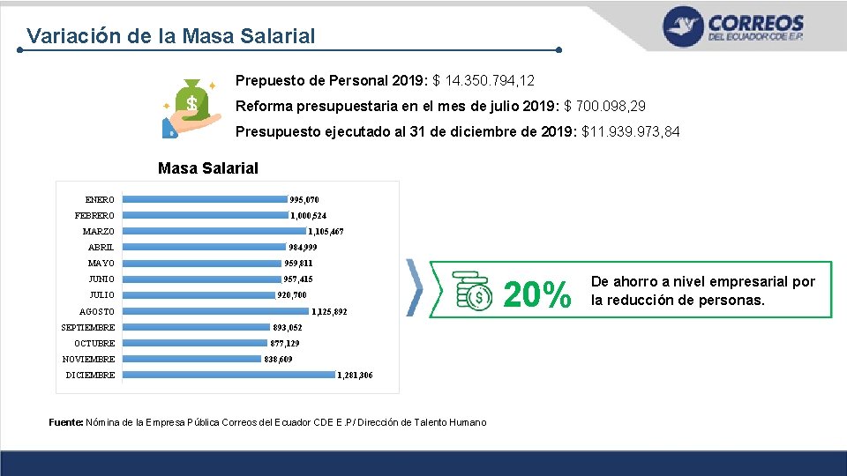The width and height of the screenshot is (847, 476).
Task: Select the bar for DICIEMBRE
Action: pyautogui.click(x=229, y=375)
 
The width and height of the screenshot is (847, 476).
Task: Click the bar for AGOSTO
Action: pyautogui.click(x=215, y=311)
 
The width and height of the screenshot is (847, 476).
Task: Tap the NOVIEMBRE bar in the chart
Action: pyautogui.click(x=191, y=359)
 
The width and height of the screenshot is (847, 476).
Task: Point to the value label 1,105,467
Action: pyautogui.click(x=326, y=232)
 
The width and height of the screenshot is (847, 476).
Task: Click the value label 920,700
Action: pyautogui.click(x=292, y=295)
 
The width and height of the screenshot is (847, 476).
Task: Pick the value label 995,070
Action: pyautogui.click(x=304, y=200)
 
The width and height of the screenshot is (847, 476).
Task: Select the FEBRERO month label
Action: pyautogui.click(x=94, y=215)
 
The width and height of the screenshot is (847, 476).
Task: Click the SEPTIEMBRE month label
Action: pyautogui.click(x=88, y=327)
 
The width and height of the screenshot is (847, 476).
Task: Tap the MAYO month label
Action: pyautogui.click(x=101, y=264)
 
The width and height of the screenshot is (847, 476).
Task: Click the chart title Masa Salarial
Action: pyautogui.click(x=208, y=168)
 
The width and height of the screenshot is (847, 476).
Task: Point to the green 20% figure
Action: pyautogui.click(x=537, y=294)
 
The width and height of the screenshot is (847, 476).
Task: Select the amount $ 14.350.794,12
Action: pyautogui.click(x=483, y=81)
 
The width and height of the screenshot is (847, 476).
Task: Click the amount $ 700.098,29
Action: pyautogui.click(x=604, y=106)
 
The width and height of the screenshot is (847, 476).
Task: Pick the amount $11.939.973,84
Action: pyautogui.click(x=630, y=131)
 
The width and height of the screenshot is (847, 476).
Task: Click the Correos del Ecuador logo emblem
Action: pyautogui.click(x=683, y=26)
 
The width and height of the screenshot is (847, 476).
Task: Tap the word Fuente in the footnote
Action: pyautogui.click(x=66, y=422)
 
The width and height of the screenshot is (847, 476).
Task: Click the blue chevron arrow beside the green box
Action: pyautogui.click(x=415, y=287)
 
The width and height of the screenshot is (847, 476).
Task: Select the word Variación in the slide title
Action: pyautogui.click(x=73, y=35)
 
